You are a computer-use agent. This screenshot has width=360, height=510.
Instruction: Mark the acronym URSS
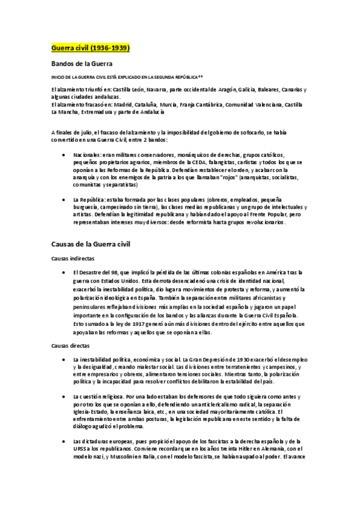[x=80, y=448]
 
